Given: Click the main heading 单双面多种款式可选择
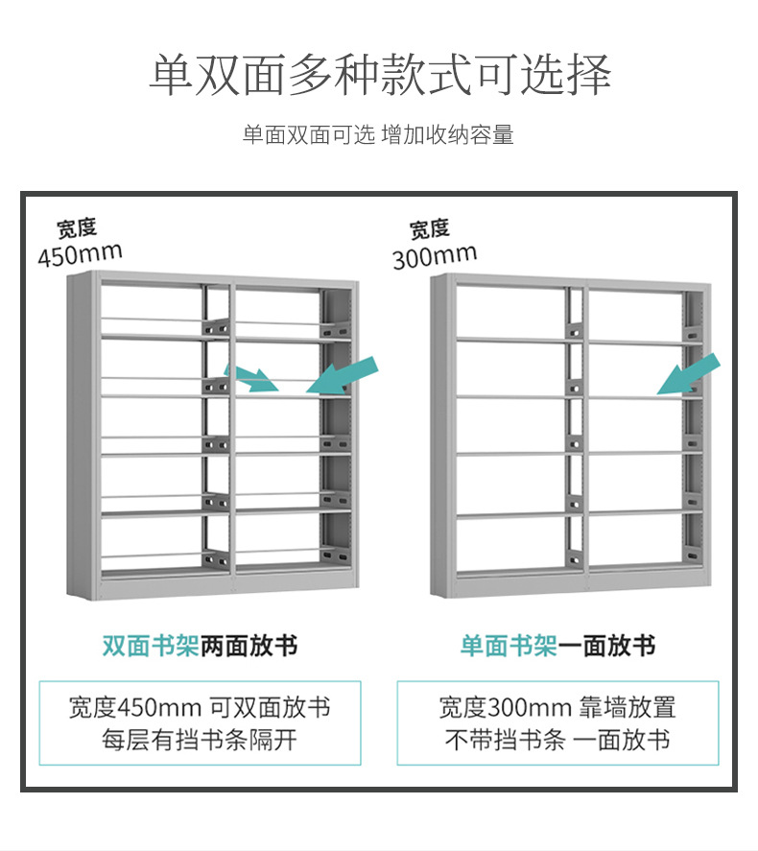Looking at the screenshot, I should pyautogui.click(x=379, y=75).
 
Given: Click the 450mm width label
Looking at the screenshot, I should pyautogui.click(x=80, y=255).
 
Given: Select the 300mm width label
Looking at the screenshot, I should pyautogui.click(x=434, y=256).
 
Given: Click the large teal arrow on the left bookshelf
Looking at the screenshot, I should pyautogui.click(x=344, y=375).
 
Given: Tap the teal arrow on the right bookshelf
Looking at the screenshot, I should pyautogui.click(x=689, y=373).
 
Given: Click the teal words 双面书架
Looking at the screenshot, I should pyautogui.click(x=151, y=646).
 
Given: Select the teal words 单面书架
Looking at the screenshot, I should pyautogui.click(x=509, y=646).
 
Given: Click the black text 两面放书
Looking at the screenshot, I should pyautogui.click(x=249, y=646).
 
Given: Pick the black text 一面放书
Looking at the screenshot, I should pyautogui.click(x=606, y=646).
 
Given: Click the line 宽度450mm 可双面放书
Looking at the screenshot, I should pyautogui.click(x=200, y=708).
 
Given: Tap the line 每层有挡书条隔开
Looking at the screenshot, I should pyautogui.click(x=200, y=740).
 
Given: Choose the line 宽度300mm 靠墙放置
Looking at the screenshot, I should pyautogui.click(x=557, y=708).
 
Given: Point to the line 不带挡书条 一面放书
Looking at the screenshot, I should pyautogui.click(x=557, y=740).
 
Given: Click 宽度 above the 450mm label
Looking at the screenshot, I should pyautogui.click(x=77, y=228).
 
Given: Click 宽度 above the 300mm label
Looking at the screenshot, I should pyautogui.click(x=429, y=228).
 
